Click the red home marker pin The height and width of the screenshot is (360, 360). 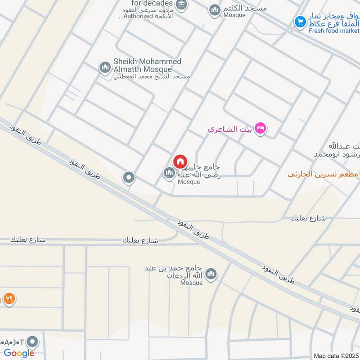180,162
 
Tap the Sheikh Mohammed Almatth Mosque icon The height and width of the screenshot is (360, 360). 105,67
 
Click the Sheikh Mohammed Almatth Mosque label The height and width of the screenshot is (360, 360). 147,65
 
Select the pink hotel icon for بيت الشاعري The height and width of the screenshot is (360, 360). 260,129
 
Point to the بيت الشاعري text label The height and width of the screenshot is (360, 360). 229,130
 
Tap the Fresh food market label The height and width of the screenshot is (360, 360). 334,31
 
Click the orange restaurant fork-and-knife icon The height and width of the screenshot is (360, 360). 9,298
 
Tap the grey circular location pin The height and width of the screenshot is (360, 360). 129,178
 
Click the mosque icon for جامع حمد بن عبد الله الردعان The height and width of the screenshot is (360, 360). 211,274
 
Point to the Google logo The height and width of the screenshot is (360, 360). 19,353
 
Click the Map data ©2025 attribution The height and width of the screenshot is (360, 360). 336,355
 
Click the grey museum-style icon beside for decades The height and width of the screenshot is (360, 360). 181,5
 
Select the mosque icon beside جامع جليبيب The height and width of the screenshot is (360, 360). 169,173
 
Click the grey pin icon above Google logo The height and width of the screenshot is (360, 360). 32,341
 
